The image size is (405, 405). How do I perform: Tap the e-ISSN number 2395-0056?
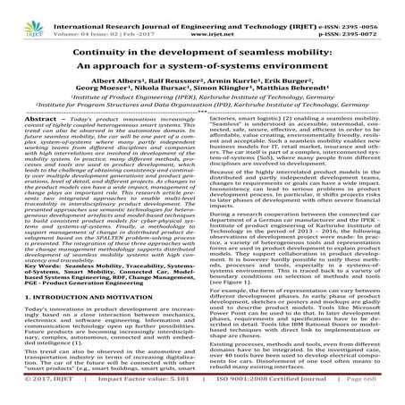click(375, 5)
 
